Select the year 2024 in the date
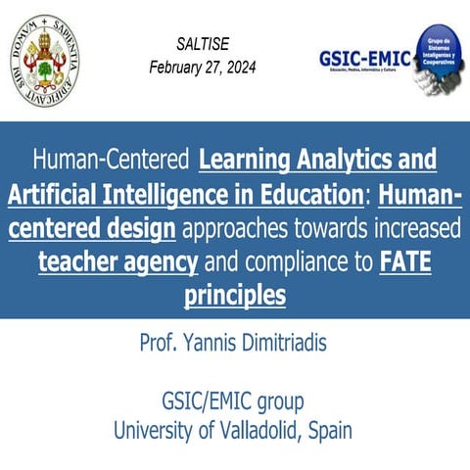click(x=232, y=68)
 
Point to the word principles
click(x=235, y=296)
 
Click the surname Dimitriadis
click(x=283, y=343)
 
